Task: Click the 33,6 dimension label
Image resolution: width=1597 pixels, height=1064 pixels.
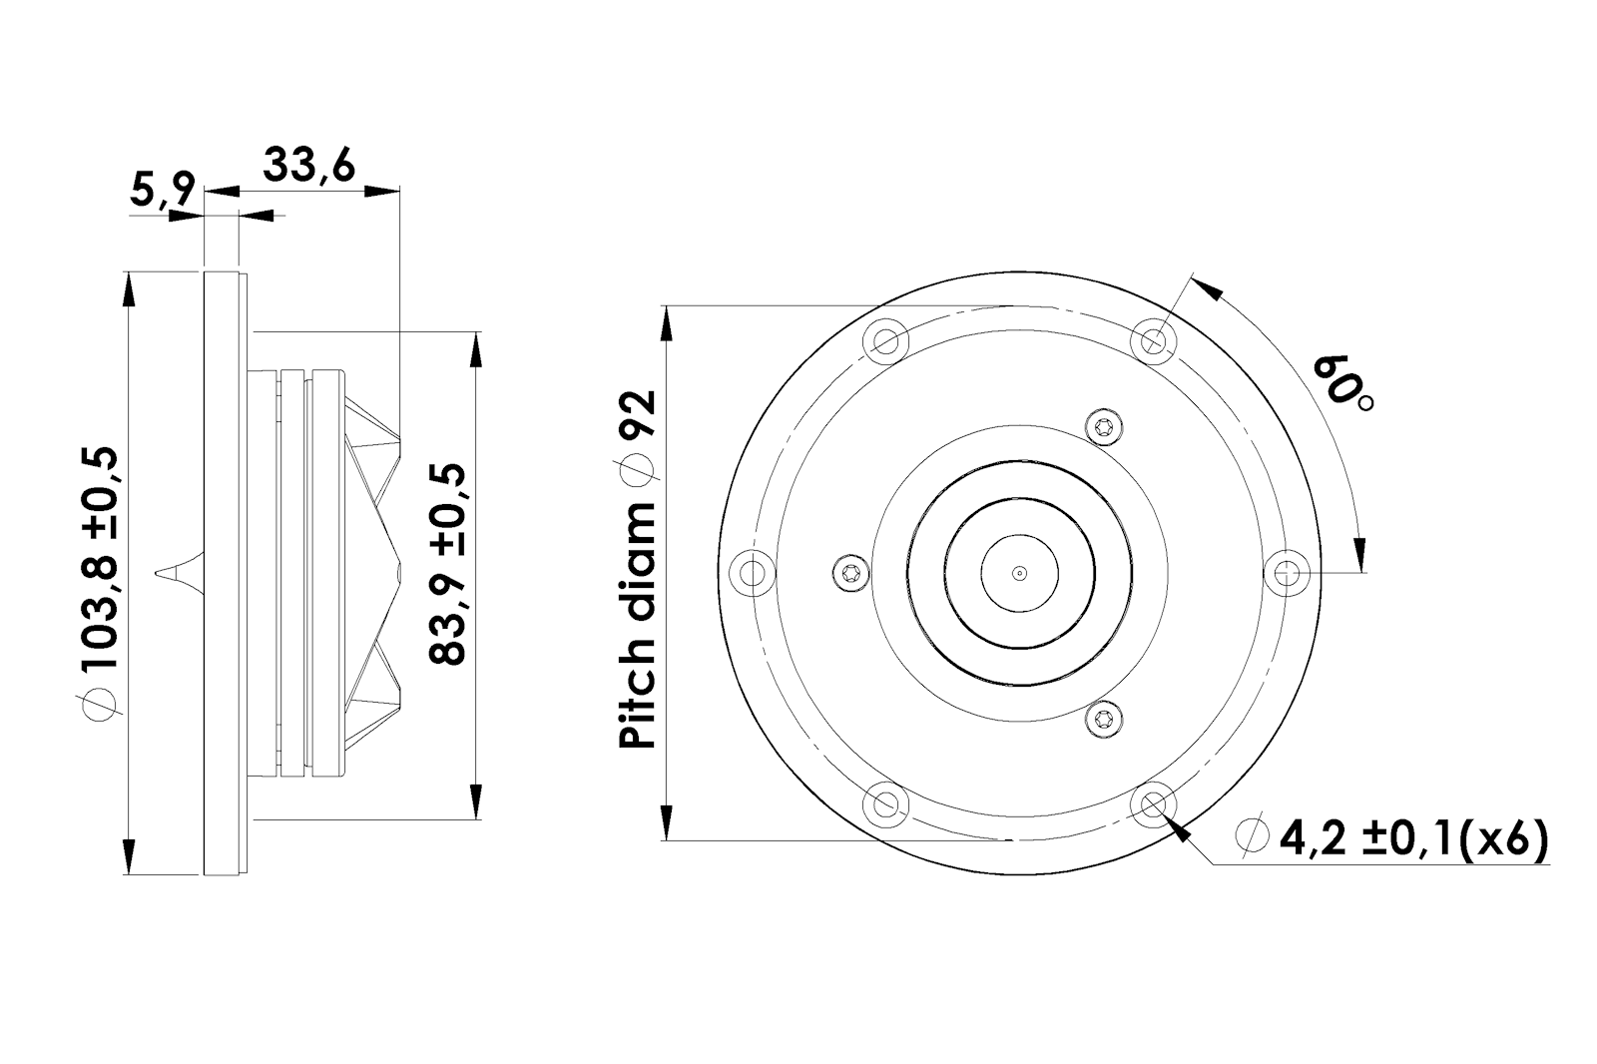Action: click(308, 166)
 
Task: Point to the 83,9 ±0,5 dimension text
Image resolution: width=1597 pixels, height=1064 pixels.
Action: click(448, 564)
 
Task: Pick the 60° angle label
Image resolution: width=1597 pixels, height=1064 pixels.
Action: click(1343, 383)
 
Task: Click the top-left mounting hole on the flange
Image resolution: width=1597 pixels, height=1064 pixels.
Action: click(885, 341)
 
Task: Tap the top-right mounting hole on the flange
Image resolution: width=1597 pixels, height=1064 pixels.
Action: click(1154, 341)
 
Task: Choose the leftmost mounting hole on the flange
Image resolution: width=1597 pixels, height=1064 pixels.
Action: click(753, 573)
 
